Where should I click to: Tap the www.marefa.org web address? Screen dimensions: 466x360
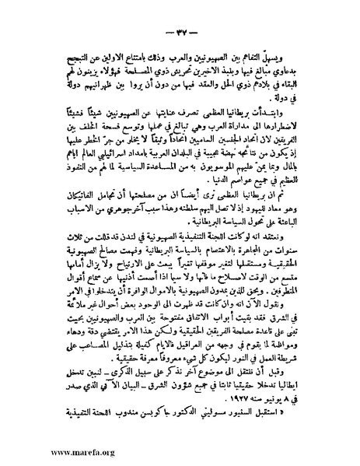[41, 450]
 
